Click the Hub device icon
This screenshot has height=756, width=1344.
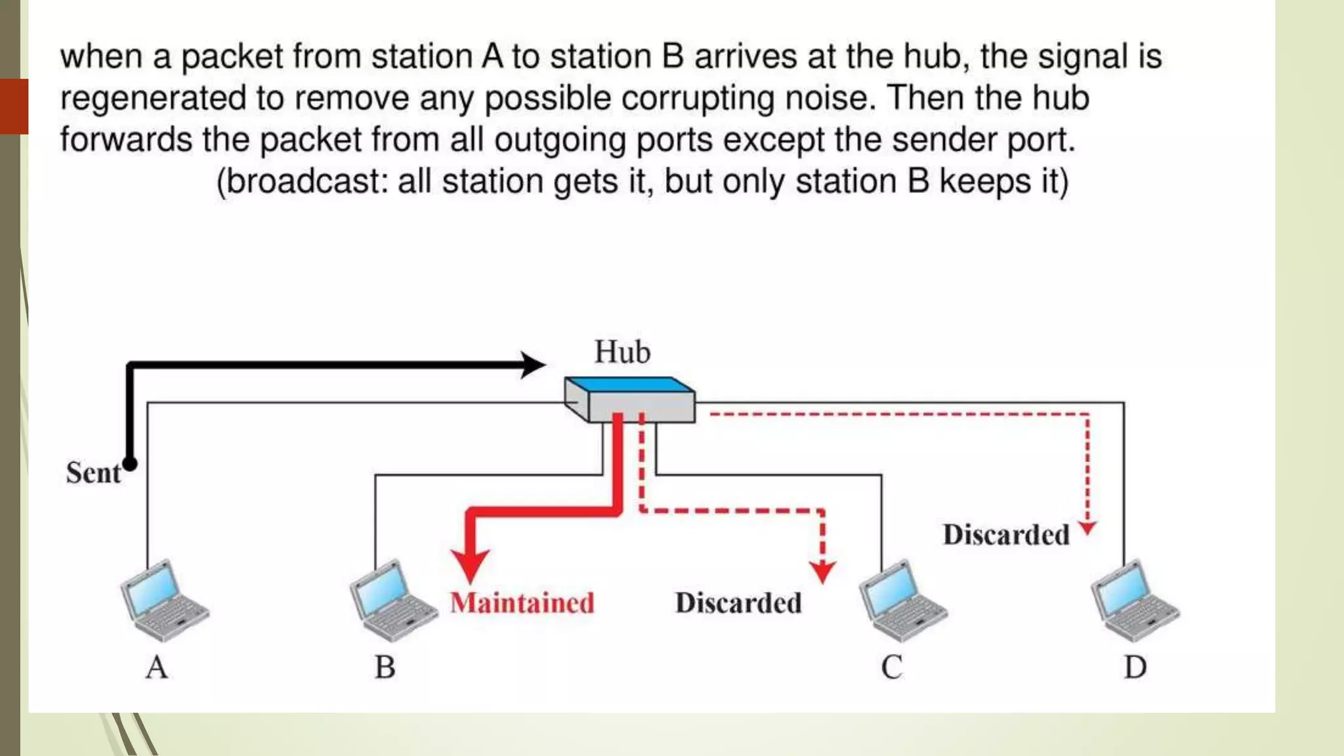pyautogui.click(x=630, y=400)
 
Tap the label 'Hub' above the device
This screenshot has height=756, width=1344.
pyautogui.click(x=622, y=352)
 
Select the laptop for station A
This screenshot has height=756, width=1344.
pyautogui.click(x=164, y=600)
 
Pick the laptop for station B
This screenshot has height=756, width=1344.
pyautogui.click(x=393, y=600)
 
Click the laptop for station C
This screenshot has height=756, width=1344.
pyautogui.click(x=903, y=600)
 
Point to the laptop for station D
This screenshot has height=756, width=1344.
pyautogui.click(x=1135, y=600)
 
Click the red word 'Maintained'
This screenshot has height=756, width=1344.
pyautogui.click(x=522, y=603)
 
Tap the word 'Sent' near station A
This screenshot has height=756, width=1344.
pyautogui.click(x=93, y=473)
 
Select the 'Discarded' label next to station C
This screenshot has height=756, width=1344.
pyautogui.click(x=738, y=603)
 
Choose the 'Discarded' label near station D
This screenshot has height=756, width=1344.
pyautogui.click(x=1006, y=535)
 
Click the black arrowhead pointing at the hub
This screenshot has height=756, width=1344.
pyautogui.click(x=533, y=365)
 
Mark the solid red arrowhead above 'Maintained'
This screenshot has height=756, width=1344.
pyautogui.click(x=470, y=565)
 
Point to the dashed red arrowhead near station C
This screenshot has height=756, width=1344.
pyautogui.click(x=822, y=572)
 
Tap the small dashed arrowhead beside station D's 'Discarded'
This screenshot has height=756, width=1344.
pyautogui.click(x=1087, y=528)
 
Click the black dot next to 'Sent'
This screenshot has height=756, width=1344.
pyautogui.click(x=130, y=464)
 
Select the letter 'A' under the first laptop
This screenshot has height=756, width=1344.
pyautogui.click(x=157, y=667)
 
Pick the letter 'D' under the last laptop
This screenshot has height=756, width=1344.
pyautogui.click(x=1135, y=667)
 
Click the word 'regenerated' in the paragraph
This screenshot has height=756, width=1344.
pyautogui.click(x=153, y=99)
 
